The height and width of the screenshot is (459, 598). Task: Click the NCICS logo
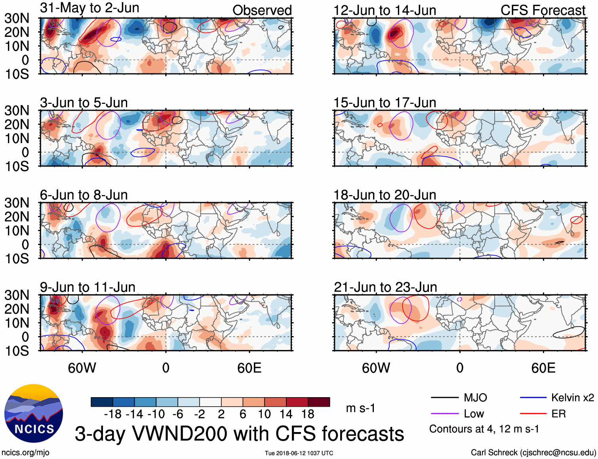(x=34, y=413)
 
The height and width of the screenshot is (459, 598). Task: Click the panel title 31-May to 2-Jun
(x=90, y=8)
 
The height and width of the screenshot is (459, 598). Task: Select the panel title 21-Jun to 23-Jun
(x=385, y=287)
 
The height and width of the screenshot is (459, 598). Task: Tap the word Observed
(x=262, y=10)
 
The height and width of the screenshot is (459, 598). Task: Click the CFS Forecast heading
(x=543, y=10)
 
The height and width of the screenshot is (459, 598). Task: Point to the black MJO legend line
(x=444, y=398)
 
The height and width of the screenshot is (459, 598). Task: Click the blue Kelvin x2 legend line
(x=533, y=398)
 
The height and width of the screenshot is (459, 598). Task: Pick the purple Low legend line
(x=444, y=414)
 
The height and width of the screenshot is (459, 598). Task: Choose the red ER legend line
(x=533, y=414)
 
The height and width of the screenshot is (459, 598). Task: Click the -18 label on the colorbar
(x=113, y=414)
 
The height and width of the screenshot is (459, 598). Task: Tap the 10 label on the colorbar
(x=264, y=414)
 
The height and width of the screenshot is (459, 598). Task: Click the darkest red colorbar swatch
(x=319, y=402)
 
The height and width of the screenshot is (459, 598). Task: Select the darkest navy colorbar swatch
(x=102, y=402)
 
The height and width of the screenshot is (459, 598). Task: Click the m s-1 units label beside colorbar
(x=360, y=408)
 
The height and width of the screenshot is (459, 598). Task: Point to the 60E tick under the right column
(x=543, y=368)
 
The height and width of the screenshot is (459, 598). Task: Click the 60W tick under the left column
(x=82, y=368)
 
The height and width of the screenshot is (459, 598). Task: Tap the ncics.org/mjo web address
(x=25, y=453)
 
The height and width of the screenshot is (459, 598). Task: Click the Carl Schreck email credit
(x=533, y=453)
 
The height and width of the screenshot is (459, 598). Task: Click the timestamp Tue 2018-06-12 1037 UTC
(x=299, y=453)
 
